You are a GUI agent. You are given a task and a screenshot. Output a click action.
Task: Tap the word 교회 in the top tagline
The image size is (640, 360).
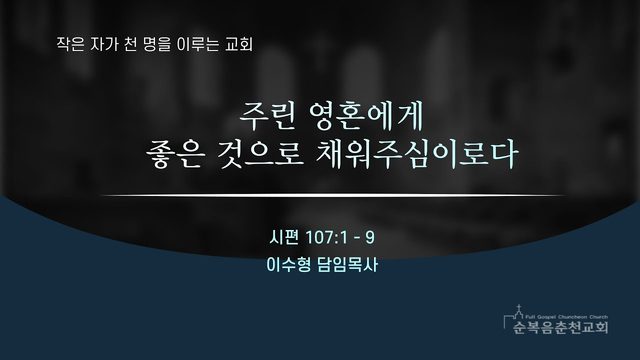click(x=239, y=44)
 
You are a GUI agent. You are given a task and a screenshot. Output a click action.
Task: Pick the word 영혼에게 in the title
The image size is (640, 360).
click(x=367, y=116)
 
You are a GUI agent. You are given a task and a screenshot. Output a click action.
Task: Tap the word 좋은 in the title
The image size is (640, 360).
click(x=174, y=154)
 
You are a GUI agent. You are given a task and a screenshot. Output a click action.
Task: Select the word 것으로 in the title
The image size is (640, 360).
click(x=260, y=154)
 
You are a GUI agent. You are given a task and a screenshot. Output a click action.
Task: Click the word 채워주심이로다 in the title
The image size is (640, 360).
click(x=417, y=154)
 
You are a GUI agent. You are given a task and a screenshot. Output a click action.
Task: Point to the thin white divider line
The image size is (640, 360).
click(x=333, y=196)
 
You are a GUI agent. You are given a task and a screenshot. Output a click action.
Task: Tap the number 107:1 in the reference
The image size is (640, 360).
click(x=327, y=238)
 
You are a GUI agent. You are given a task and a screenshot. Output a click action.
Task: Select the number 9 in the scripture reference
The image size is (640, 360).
click(x=370, y=238)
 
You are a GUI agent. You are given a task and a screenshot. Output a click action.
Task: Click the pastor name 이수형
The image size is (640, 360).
click(x=288, y=264)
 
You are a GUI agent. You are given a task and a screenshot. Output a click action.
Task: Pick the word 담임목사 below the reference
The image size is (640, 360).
click(x=347, y=264)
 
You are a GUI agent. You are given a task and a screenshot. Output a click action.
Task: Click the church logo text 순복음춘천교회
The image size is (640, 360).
click(x=561, y=327)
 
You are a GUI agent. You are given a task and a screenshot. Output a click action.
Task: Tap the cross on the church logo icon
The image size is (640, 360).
click(x=519, y=307)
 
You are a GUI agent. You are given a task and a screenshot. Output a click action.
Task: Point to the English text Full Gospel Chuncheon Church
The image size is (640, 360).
click(x=567, y=317)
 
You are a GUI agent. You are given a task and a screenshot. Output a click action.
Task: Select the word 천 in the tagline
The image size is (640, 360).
click(x=130, y=44)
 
